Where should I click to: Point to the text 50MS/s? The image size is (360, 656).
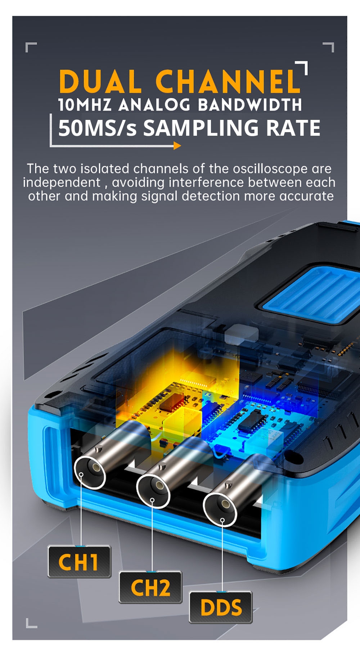click(98, 128)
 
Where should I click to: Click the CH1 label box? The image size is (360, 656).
click(79, 562)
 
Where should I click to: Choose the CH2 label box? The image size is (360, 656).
click(150, 587)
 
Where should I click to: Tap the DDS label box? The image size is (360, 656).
click(221, 607)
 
